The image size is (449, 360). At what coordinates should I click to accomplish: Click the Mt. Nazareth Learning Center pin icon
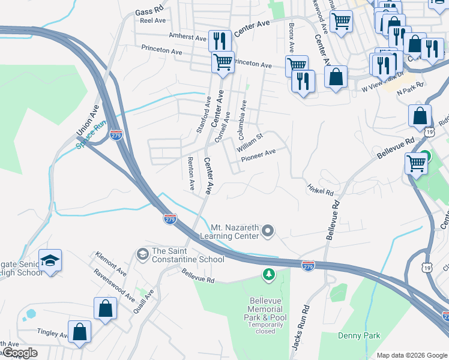[269, 230]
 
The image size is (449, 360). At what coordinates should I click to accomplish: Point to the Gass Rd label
[149, 11]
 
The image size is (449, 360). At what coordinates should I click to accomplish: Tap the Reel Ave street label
[152, 20]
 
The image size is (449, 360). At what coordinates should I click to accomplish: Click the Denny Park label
[359, 336]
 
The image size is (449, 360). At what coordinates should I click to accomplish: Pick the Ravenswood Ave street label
[114, 286]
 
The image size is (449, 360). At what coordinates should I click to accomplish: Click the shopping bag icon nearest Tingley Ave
[79, 332]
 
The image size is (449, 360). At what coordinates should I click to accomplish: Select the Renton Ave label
[191, 170]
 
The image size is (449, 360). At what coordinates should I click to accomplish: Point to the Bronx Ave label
[291, 37]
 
